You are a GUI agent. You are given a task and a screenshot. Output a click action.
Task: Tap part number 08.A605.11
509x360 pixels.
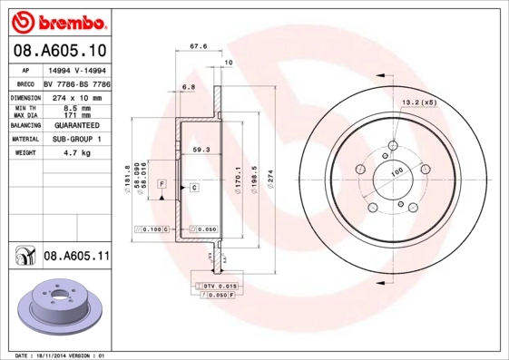[x=76, y=258]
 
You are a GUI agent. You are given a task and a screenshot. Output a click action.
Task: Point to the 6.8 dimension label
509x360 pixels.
[x=188, y=87]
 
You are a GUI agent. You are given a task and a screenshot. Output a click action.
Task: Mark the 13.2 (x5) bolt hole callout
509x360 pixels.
[x=419, y=102]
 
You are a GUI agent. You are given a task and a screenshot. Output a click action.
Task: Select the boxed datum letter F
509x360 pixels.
[x=162, y=183]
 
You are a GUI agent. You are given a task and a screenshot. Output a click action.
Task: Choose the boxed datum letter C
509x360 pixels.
[x=193, y=187]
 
